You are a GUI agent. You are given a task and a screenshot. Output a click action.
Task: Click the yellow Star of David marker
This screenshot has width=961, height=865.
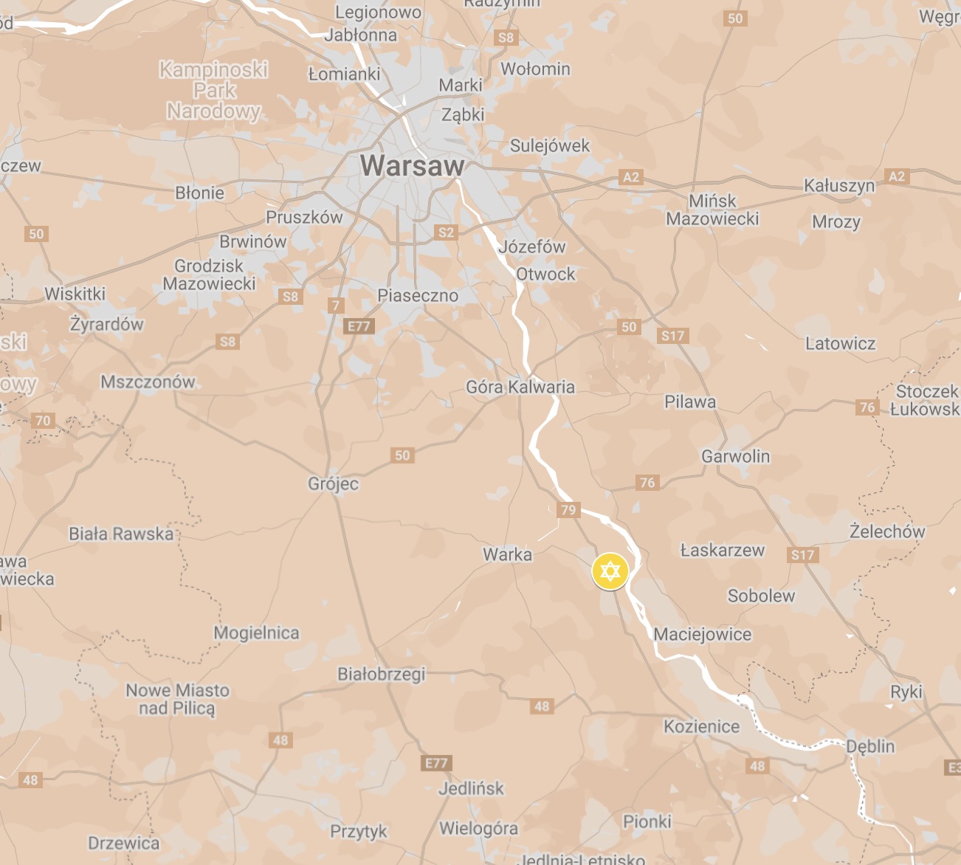[x=610, y=571]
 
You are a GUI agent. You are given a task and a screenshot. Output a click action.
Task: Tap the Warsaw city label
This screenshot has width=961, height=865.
[x=412, y=166]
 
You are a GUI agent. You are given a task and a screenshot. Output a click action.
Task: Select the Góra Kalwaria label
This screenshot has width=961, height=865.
[x=520, y=387]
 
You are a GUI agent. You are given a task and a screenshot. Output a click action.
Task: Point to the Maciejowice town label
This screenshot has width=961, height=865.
[x=702, y=635]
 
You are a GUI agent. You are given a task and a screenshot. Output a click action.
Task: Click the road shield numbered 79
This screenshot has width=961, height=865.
[x=568, y=509]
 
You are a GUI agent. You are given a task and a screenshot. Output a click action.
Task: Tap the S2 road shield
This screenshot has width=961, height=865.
[x=446, y=232]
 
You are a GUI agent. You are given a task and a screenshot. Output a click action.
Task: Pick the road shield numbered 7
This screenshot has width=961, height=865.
[x=336, y=305]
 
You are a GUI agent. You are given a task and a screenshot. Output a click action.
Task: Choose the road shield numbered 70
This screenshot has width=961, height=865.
[x=43, y=421]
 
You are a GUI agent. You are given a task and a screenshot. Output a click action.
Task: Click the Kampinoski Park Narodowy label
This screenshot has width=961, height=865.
[x=214, y=90]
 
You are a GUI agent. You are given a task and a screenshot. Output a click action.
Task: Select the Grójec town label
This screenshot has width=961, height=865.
[x=333, y=484]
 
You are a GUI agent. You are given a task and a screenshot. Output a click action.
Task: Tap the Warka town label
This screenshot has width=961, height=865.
[x=507, y=554]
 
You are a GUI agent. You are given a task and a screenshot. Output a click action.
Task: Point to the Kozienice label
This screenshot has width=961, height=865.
[x=701, y=727]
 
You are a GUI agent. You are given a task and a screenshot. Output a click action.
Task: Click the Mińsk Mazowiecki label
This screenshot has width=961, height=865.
[x=712, y=210]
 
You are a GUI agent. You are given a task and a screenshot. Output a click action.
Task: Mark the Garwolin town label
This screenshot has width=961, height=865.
[x=735, y=456]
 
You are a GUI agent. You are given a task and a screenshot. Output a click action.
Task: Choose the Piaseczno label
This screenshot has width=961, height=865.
[x=418, y=295]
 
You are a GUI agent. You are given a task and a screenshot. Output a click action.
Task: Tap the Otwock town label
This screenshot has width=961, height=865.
[x=545, y=274]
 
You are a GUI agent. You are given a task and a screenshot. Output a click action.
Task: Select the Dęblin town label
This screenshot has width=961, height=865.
[x=870, y=746]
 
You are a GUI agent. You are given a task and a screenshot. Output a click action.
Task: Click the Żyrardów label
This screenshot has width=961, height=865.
[x=107, y=324]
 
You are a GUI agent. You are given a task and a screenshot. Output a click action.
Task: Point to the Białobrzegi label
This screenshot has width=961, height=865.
[x=382, y=674]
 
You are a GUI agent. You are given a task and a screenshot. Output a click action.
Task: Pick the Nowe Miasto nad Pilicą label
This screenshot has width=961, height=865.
[x=177, y=699]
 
